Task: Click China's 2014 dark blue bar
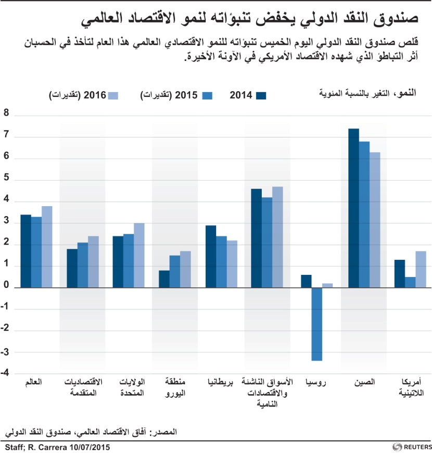[x=354, y=208]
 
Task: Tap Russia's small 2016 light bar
[x=327, y=285]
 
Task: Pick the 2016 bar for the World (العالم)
[x=47, y=247]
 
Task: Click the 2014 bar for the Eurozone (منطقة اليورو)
[x=164, y=279]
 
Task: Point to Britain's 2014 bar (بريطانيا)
[x=211, y=256]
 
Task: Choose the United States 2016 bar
[x=139, y=255]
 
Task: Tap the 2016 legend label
[x=78, y=95]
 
